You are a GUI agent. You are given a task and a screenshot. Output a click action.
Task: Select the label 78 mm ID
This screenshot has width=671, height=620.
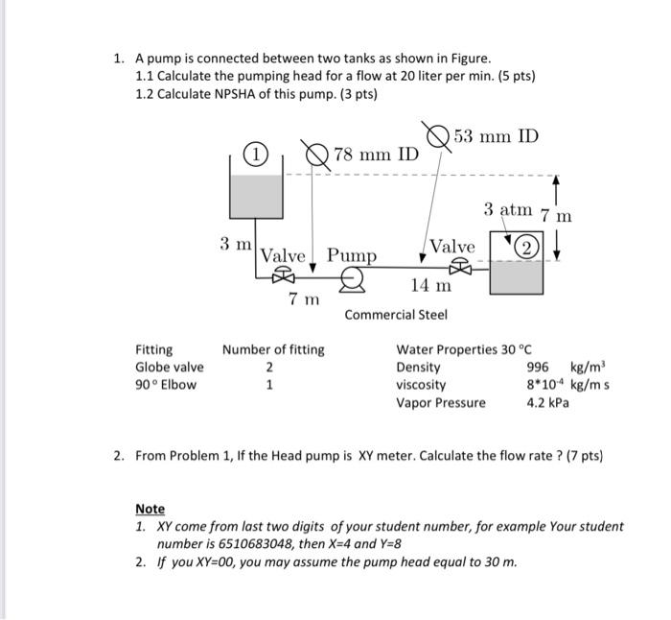pyautogui.click(x=376, y=155)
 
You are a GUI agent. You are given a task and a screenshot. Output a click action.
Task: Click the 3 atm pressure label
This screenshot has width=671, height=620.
pyautogui.click(x=507, y=209)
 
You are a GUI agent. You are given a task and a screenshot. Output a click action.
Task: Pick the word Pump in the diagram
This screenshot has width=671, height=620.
pyautogui.click(x=351, y=255)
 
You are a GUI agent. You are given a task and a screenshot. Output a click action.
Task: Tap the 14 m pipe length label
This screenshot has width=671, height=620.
pyautogui.click(x=430, y=285)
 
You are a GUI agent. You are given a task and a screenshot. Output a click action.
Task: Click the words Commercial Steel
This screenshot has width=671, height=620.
pyautogui.click(x=396, y=315)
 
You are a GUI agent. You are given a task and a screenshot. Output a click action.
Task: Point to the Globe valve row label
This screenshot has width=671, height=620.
pyautogui.click(x=169, y=367)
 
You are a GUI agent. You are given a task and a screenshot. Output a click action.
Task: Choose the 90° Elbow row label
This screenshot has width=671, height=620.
pyautogui.click(x=166, y=385)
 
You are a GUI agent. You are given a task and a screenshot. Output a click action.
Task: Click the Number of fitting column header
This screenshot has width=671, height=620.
pyautogui.click(x=273, y=349)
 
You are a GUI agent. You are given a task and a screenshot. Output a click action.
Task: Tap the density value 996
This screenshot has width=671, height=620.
pyautogui.click(x=540, y=367)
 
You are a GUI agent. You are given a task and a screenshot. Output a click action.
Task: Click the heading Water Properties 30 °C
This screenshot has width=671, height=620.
pyautogui.click(x=464, y=349)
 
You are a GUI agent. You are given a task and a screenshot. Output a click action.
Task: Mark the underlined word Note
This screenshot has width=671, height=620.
pyautogui.click(x=150, y=509)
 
